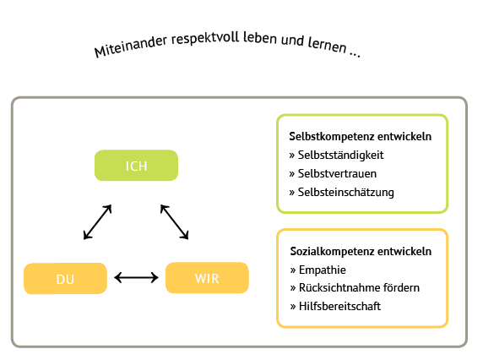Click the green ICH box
coord(136,166)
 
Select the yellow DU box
coord(65,279)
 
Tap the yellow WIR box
coord(207,278)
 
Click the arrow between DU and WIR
coord(136,278)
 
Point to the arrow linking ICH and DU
coord(97,222)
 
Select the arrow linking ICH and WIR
coord(174,222)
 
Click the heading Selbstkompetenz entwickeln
coord(360,137)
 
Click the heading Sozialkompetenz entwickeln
coord(361,252)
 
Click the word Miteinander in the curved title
coord(131,47)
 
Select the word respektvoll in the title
coord(205,38)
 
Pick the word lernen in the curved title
coord(328,44)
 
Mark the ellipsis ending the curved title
coord(355,54)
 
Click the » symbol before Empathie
coord(293,270)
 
